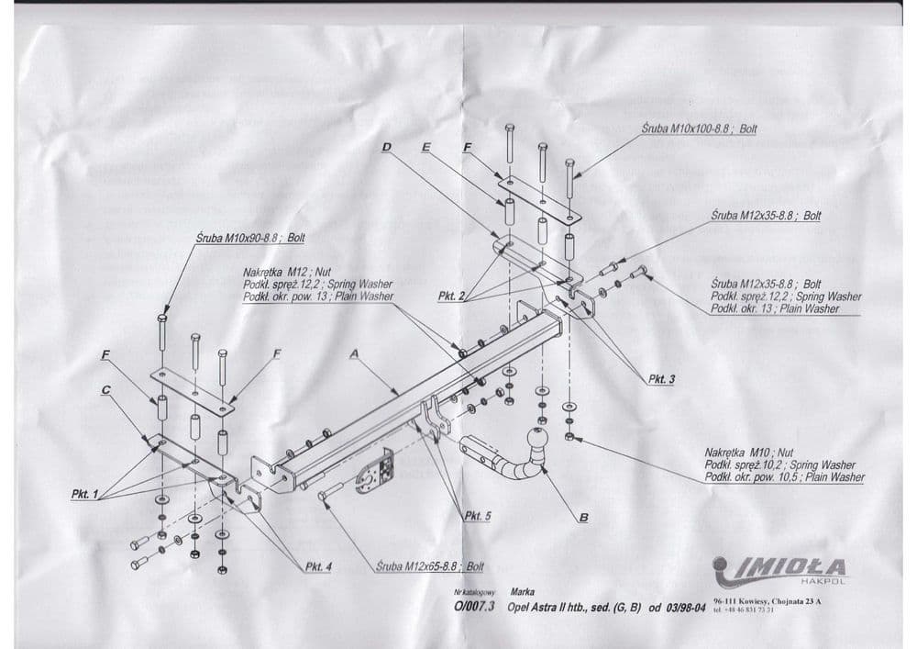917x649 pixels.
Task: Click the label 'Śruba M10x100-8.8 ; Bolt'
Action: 701,129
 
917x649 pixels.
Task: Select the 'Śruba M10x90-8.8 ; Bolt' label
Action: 250,238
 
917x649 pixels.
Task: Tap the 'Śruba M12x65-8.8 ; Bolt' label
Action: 429,566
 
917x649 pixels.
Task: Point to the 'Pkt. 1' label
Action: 85,494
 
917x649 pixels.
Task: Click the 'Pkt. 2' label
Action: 452,296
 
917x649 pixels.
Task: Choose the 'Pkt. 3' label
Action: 661,378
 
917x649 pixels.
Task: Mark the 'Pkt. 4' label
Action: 316,566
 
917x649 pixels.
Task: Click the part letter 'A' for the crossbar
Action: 354,352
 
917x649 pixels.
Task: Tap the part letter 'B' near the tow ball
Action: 583,518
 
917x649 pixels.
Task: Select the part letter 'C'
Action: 107,390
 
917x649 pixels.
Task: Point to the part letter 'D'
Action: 386,147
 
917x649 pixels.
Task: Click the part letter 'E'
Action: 426,147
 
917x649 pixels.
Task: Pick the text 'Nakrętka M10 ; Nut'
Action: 749,452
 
